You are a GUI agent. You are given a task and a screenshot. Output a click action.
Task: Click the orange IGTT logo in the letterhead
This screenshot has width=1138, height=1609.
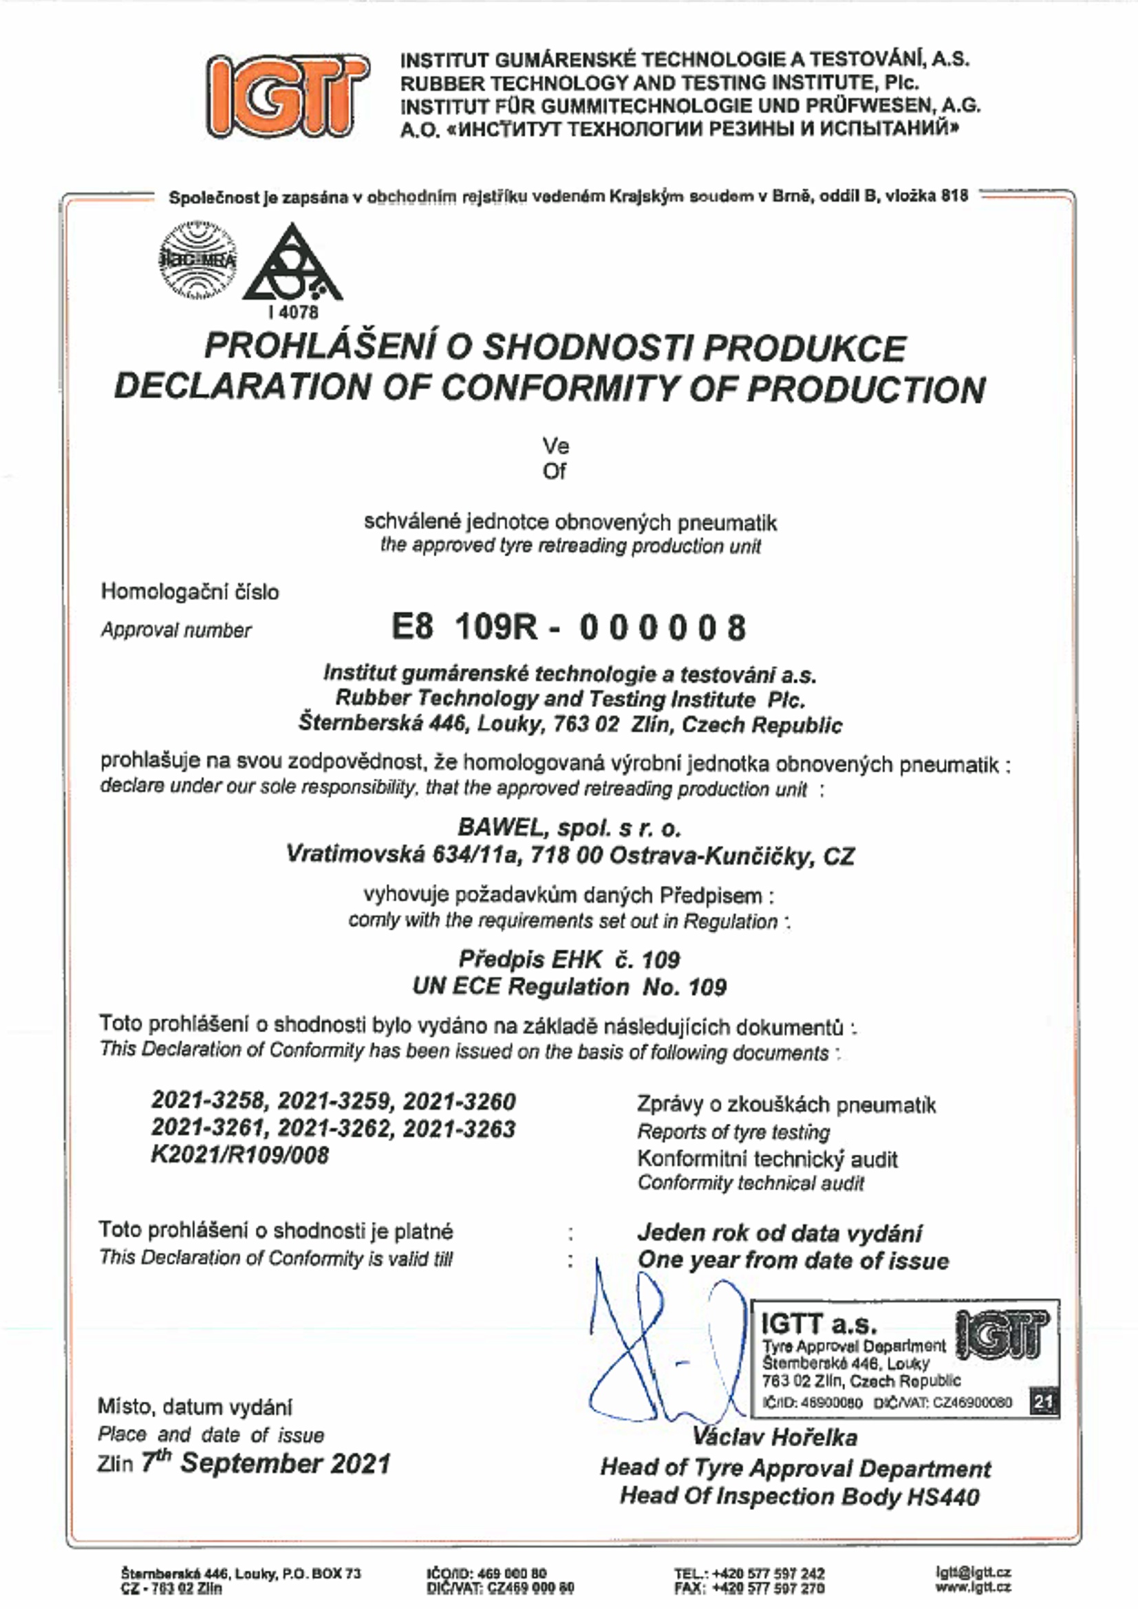coord(288,96)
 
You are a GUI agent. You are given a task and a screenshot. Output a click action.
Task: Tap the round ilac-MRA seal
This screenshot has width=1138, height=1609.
coord(198,259)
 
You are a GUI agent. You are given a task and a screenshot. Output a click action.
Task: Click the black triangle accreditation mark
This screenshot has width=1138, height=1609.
coord(292,264)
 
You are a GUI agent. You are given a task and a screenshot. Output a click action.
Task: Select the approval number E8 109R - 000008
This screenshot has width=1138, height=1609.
coord(568,627)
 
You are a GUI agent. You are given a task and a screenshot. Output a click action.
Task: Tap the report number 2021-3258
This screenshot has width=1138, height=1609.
coord(210,1101)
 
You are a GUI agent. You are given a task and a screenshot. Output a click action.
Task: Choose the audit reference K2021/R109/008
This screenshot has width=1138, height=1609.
coord(239,1154)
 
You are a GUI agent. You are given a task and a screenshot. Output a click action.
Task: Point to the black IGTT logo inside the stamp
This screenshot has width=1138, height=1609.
coord(1002,1335)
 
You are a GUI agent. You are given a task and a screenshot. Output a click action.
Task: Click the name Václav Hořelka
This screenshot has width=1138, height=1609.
coord(774,1438)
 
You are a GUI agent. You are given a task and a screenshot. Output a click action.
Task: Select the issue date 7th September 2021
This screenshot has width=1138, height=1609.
coord(266,1464)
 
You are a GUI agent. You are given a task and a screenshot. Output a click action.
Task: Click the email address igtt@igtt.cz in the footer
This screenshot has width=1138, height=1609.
coord(974,1573)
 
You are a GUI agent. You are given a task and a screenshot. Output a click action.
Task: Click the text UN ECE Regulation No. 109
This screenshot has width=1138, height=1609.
coord(569,986)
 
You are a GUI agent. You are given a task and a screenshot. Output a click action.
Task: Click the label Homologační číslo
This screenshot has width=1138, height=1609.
coord(190,592)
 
